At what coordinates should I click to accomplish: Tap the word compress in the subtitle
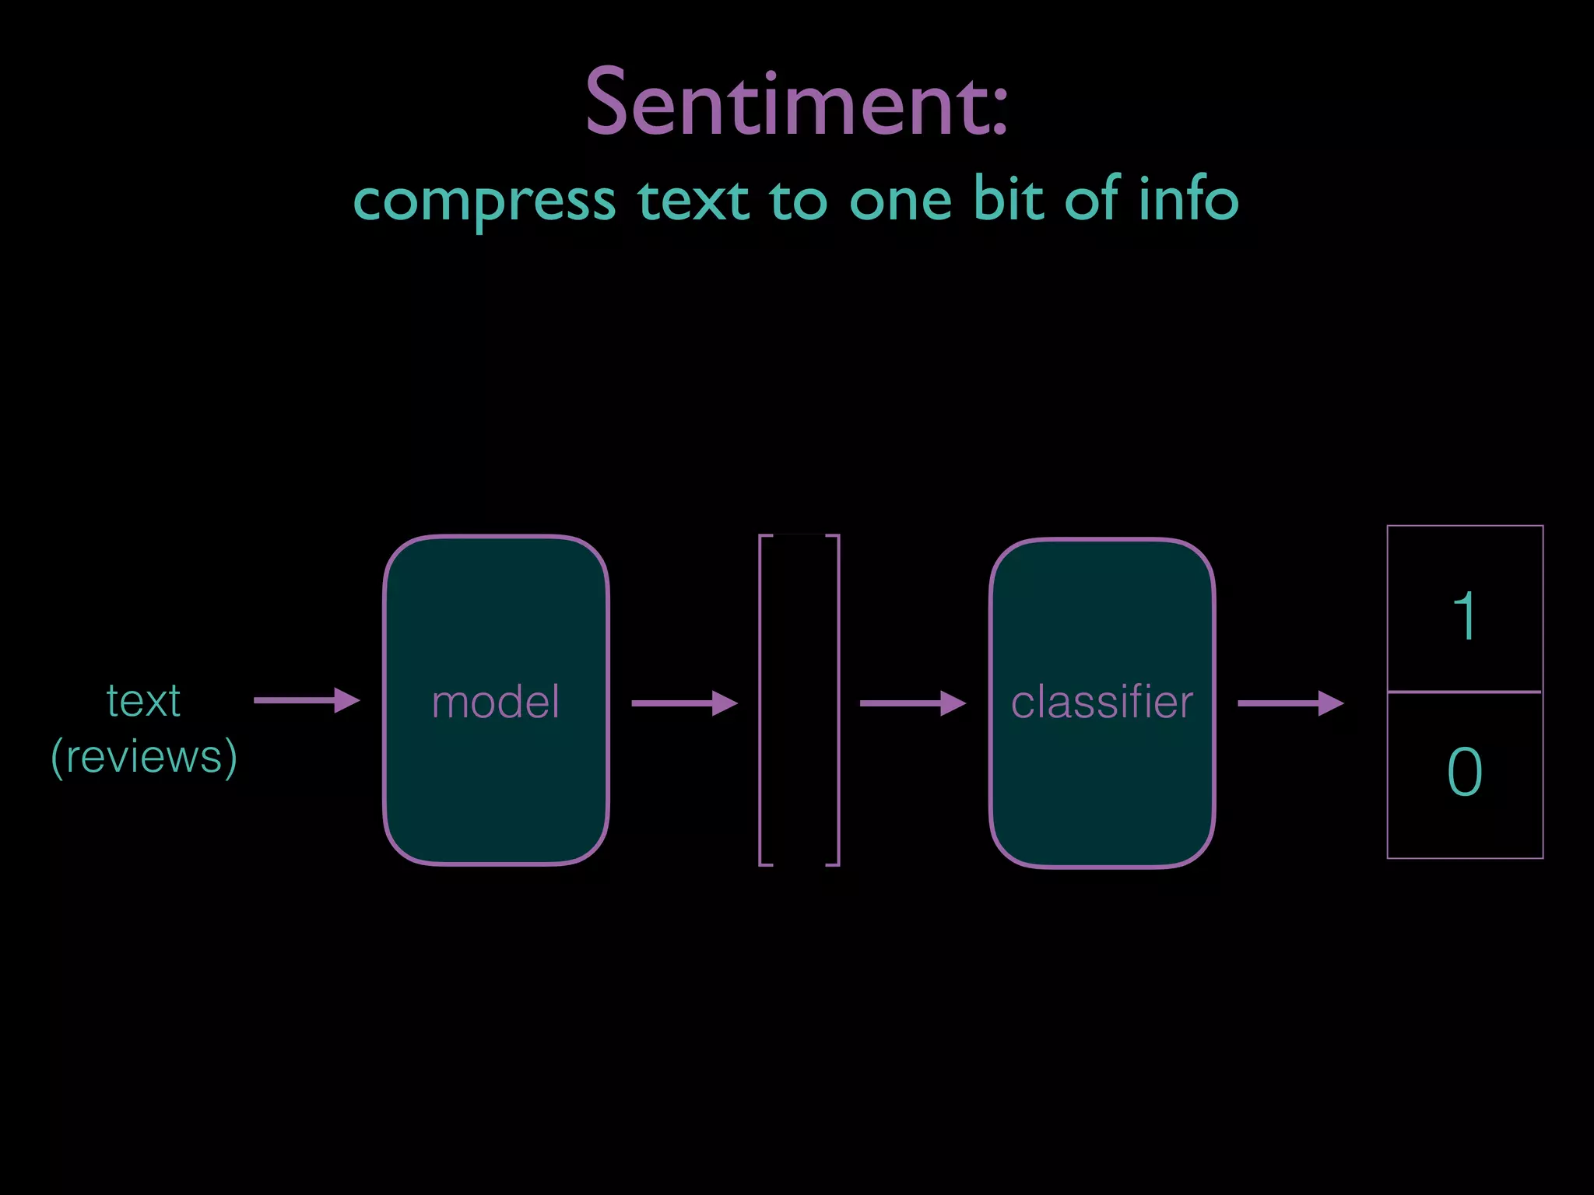[484, 201]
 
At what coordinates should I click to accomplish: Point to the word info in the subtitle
[1188, 198]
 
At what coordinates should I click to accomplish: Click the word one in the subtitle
[901, 201]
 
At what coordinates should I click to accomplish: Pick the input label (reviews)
[144, 756]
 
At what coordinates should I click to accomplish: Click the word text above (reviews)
[144, 700]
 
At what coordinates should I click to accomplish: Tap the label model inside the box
[496, 702]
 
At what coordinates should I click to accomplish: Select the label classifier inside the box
[1102, 702]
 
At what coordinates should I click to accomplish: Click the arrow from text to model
[307, 700]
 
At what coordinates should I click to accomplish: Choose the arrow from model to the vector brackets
[684, 703]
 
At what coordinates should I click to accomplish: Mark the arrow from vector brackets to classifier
[912, 703]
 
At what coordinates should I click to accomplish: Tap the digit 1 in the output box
[1465, 615]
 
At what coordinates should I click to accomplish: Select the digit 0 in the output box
[1465, 771]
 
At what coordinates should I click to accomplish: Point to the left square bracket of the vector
[760, 700]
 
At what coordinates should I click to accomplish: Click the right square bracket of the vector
[838, 700]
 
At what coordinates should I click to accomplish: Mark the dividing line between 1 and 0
[1465, 691]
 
